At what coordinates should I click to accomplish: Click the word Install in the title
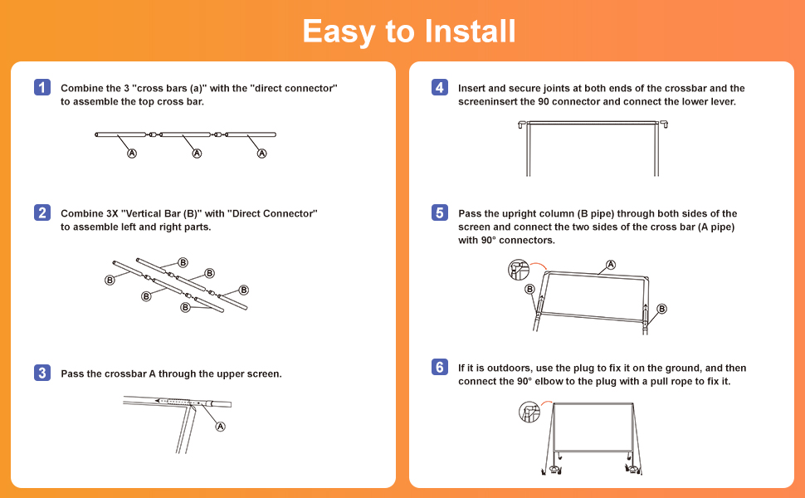coord(470,32)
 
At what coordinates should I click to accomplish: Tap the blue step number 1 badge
coord(42,87)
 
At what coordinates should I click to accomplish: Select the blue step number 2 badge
coord(42,212)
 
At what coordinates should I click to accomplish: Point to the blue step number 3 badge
coord(42,373)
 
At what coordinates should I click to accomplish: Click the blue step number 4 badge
coord(440,87)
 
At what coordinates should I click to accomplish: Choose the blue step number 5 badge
coord(440,212)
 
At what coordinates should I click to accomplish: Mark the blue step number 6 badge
coord(440,367)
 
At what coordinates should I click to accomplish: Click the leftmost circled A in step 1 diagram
coord(131,154)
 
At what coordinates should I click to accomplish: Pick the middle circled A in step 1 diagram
coord(197,154)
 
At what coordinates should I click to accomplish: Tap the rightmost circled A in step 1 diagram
coord(262,154)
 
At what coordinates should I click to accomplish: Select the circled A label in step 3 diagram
coord(221,427)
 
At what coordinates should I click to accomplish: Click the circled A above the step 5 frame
coord(611,265)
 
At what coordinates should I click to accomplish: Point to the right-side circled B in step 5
coord(661,309)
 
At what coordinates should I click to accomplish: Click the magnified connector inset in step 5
coord(519,269)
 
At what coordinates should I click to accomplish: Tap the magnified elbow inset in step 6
coord(529,411)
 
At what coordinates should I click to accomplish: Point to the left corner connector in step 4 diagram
coord(523,124)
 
